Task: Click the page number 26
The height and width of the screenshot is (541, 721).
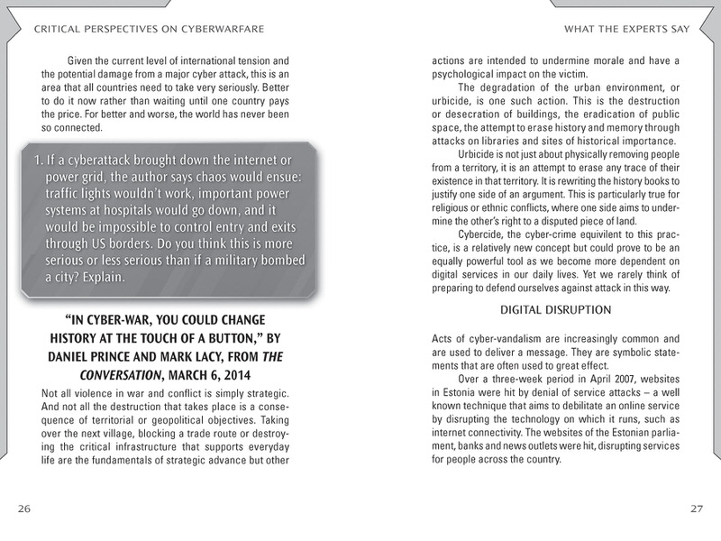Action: (x=24, y=509)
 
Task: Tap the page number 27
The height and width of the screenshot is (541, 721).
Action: (x=696, y=509)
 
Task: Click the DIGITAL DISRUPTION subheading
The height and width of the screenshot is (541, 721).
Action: (x=556, y=310)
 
